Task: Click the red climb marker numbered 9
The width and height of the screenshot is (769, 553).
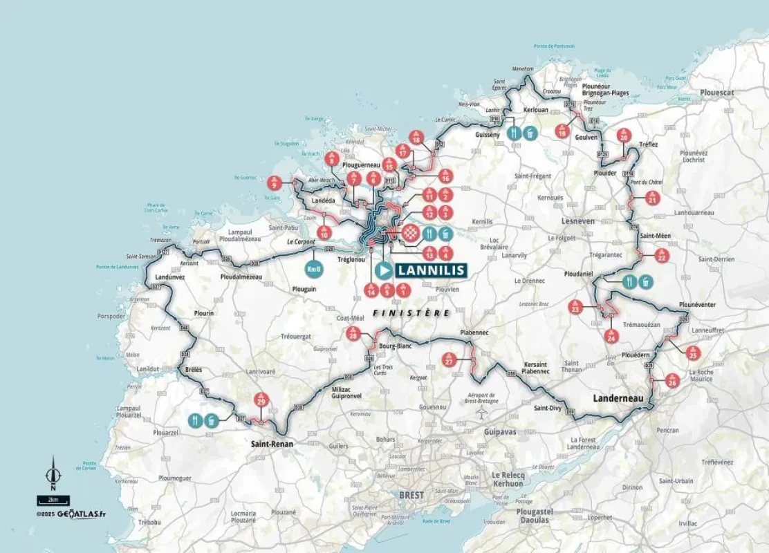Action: (275, 183)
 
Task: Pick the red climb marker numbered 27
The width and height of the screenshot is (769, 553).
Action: (449, 360)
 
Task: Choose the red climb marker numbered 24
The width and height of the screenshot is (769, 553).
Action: (611, 336)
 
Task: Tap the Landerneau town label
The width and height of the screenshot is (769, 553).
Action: (618, 398)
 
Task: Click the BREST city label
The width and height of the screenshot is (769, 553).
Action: (411, 496)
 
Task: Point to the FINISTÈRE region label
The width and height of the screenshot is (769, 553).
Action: (411, 312)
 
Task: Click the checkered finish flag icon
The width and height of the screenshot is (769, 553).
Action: (411, 234)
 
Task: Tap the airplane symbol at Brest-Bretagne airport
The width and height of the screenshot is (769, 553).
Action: (482, 413)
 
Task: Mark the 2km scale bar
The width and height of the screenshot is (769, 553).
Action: (48, 499)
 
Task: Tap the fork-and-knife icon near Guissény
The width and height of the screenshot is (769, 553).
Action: (513, 133)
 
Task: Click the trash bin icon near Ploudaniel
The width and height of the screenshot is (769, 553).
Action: (645, 281)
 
